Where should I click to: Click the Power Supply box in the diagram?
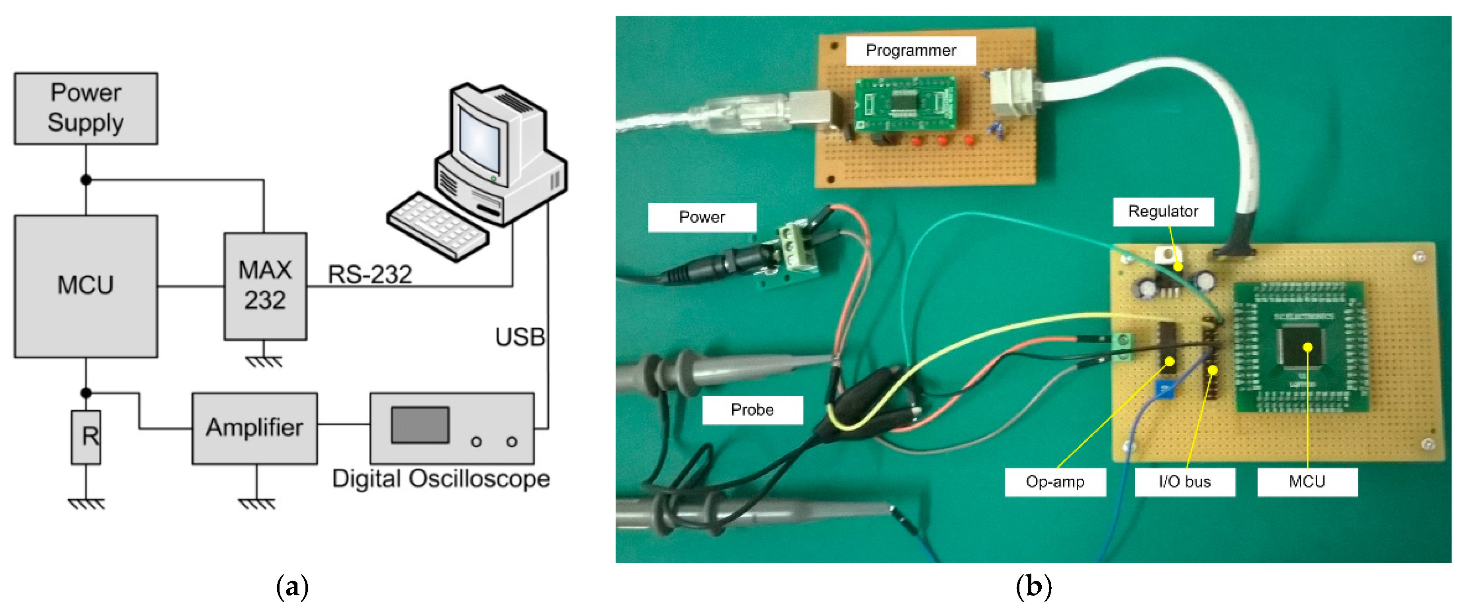tap(86, 108)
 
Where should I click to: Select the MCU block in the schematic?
tap(86, 286)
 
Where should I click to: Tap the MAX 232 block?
tap(265, 286)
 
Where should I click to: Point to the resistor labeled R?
tap(86, 437)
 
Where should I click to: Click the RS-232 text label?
tap(370, 275)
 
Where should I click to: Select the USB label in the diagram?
tap(519, 337)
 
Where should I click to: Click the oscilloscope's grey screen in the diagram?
tap(420, 425)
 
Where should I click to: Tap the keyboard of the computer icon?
tap(437, 226)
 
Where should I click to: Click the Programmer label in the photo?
tap(911, 51)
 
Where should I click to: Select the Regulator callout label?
tap(1163, 211)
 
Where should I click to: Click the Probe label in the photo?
tap(752, 410)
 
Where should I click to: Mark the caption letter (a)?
tap(292, 587)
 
